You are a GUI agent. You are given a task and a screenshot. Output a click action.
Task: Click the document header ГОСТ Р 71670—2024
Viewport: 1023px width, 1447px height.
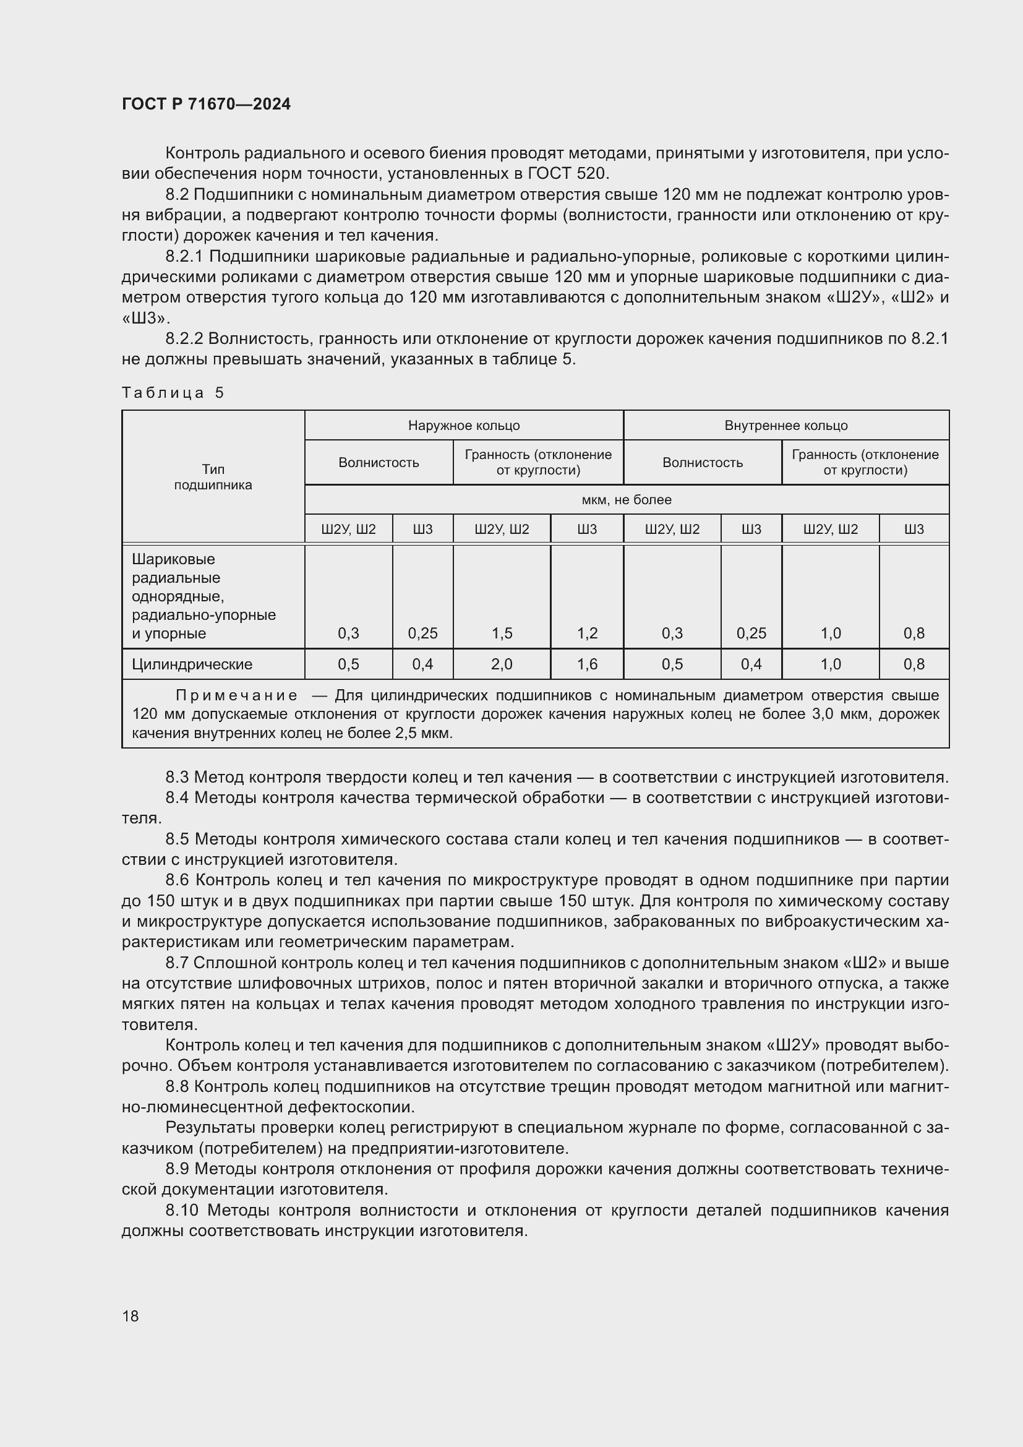tap(206, 105)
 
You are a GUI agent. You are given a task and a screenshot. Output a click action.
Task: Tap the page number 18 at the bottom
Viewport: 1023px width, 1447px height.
tap(131, 1316)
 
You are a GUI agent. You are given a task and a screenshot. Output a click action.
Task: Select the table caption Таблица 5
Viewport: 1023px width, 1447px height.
tap(173, 393)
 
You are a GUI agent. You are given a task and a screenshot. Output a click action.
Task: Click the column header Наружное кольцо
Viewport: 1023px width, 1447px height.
tap(464, 426)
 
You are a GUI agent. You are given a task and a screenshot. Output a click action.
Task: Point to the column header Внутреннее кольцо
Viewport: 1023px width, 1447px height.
tap(785, 426)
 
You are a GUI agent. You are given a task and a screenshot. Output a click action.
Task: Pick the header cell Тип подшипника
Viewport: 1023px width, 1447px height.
tap(213, 477)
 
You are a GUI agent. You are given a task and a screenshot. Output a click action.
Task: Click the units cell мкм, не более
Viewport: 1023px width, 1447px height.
tap(626, 500)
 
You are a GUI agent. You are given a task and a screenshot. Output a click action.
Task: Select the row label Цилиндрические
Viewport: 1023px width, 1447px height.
tap(192, 664)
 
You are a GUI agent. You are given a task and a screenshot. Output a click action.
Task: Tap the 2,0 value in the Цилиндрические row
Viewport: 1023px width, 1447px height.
tap(502, 664)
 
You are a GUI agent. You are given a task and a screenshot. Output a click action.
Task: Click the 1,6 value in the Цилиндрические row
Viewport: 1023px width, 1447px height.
tap(587, 664)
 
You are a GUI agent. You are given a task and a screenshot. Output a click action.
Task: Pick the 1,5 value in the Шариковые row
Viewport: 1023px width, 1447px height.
tap(502, 633)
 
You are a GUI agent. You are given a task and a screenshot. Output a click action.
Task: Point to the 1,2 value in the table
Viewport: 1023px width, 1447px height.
tap(587, 633)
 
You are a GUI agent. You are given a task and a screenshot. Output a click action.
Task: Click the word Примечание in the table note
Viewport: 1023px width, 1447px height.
tap(236, 696)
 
